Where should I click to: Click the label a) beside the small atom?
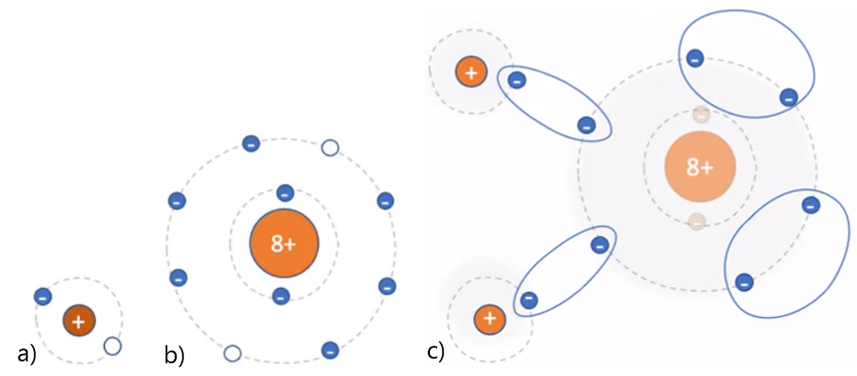pyautogui.click(x=26, y=352)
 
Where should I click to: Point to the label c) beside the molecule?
pyautogui.click(x=436, y=350)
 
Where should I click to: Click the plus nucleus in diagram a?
pyautogui.click(x=79, y=321)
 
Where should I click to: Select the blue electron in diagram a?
pyautogui.click(x=41, y=296)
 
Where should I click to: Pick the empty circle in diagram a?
pyautogui.click(x=112, y=346)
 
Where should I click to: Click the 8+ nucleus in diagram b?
pyautogui.click(x=284, y=244)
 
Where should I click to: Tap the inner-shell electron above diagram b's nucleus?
pyautogui.click(x=284, y=193)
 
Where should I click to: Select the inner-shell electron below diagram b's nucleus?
pyautogui.click(x=281, y=295)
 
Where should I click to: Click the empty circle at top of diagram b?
pyautogui.click(x=330, y=148)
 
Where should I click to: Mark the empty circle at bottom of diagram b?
pyautogui.click(x=232, y=353)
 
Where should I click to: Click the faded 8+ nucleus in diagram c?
pyautogui.click(x=700, y=167)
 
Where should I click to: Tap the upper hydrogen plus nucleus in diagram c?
pyautogui.click(x=470, y=71)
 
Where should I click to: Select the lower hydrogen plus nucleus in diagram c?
pyautogui.click(x=489, y=319)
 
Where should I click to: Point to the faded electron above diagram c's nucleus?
pyautogui.click(x=701, y=115)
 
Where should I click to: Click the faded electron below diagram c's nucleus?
pyautogui.click(x=697, y=221)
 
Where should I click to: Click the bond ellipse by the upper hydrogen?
pyautogui.click(x=554, y=102)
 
